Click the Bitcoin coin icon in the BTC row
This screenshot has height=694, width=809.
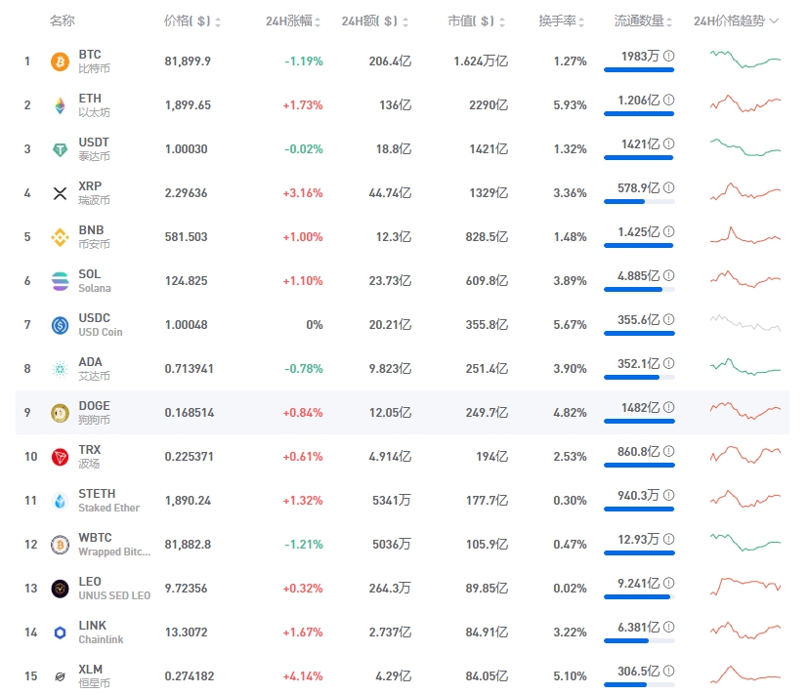click(x=60, y=61)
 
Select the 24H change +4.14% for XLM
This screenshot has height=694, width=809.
click(x=303, y=676)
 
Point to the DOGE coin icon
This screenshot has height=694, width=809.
click(x=60, y=413)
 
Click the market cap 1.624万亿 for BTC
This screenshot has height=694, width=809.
click(x=481, y=61)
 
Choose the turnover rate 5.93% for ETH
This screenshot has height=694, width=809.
click(x=570, y=105)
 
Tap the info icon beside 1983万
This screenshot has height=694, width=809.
click(x=668, y=57)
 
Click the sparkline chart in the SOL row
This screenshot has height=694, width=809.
click(x=745, y=279)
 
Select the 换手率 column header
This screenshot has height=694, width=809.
click(x=558, y=21)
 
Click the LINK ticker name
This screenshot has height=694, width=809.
click(x=92, y=626)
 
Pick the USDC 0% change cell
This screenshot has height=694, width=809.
click(x=314, y=325)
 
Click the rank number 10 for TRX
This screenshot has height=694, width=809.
click(x=30, y=457)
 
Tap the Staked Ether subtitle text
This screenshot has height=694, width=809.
click(x=108, y=508)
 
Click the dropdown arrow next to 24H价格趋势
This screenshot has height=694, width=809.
click(x=775, y=21)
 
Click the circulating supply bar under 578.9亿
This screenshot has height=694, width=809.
click(x=639, y=201)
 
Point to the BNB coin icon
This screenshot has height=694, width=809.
click(x=60, y=237)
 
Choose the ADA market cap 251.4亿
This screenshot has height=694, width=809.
click(x=486, y=369)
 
